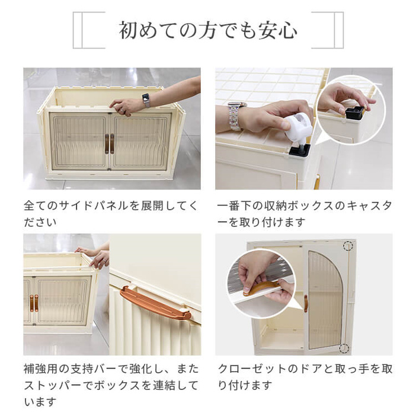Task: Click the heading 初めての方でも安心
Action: pyautogui.click(x=208, y=30)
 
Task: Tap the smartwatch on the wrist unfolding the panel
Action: pyautogui.click(x=146, y=100)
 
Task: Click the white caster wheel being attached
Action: pyautogui.click(x=299, y=126)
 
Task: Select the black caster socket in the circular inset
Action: pyautogui.click(x=355, y=112)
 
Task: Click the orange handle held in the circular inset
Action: pyautogui.click(x=261, y=289)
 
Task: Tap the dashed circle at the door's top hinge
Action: pyautogui.click(x=348, y=246)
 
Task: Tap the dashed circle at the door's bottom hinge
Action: pyautogui.click(x=344, y=348)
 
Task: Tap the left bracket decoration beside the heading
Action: pyautogui.click(x=89, y=30)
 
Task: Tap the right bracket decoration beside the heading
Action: pyautogui.click(x=327, y=30)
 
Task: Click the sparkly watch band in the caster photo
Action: pyautogui.click(x=235, y=116)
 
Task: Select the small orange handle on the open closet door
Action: pyautogui.click(x=306, y=303)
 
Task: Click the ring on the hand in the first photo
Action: pyautogui.click(x=121, y=110)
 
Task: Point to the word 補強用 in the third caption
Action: pyautogui.click(x=41, y=369)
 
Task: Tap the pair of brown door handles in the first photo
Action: pyautogui.click(x=109, y=144)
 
